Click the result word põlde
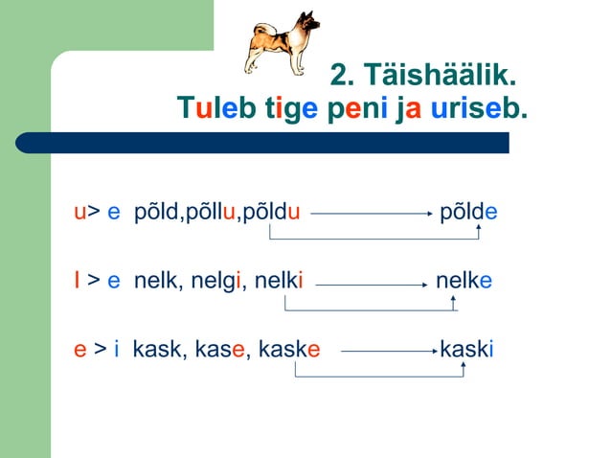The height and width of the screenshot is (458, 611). (468, 210)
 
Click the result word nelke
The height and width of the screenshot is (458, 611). (464, 281)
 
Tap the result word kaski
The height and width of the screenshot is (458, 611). (466, 349)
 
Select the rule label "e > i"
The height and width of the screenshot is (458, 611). (97, 349)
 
